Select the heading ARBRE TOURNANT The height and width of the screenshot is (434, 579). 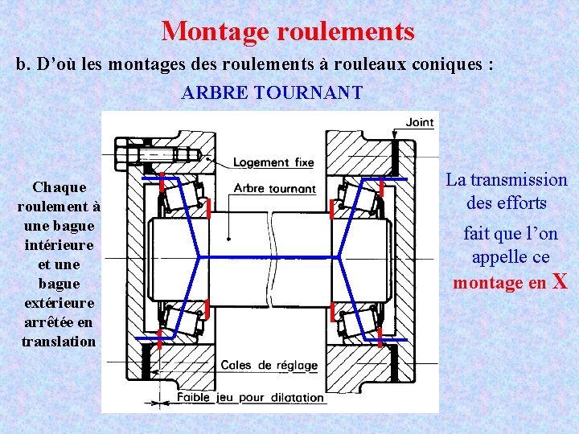272,92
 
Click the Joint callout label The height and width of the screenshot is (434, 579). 419,122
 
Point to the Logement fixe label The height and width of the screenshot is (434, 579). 273,162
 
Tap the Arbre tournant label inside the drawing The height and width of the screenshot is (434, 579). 274,189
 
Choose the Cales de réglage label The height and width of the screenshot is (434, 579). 269,366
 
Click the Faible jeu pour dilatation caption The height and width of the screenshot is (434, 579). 250,397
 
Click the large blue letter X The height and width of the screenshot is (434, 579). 560,281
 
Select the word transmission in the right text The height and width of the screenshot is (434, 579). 518,180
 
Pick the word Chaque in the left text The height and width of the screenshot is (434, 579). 59,187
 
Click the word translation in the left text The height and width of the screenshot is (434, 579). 59,342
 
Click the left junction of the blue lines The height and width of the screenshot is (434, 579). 199,257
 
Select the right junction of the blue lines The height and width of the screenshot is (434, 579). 340,257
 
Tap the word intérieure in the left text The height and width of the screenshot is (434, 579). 59,244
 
